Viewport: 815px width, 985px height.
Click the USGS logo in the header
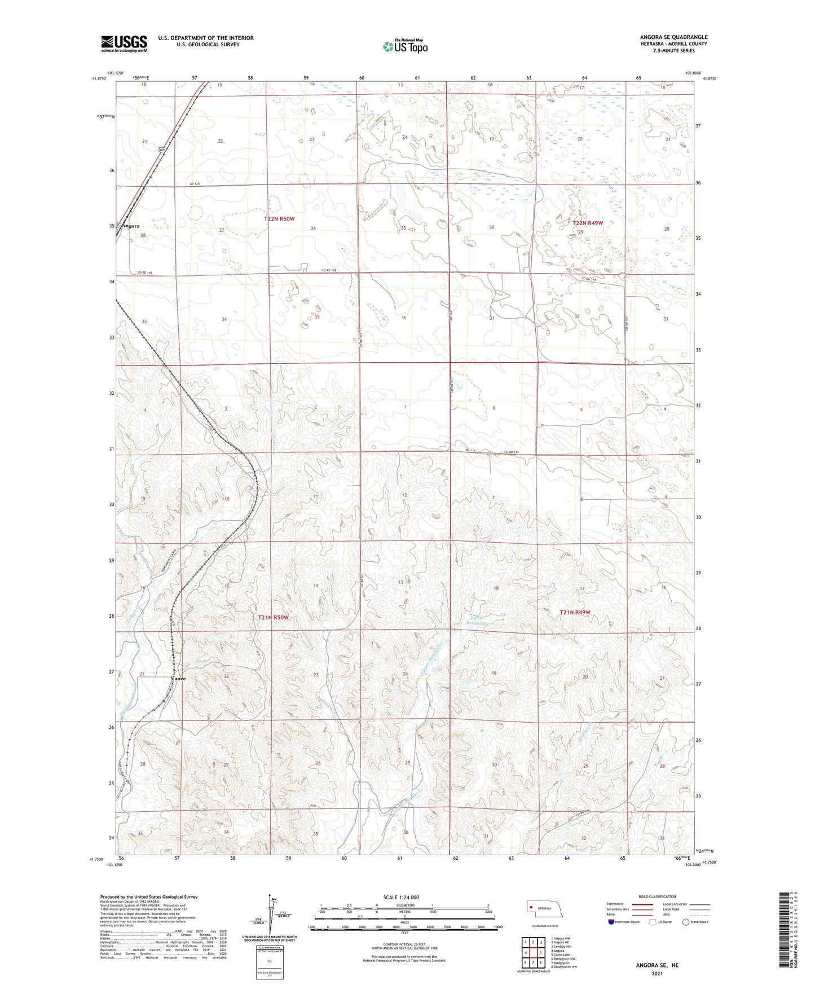(x=124, y=43)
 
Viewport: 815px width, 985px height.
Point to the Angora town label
(x=131, y=226)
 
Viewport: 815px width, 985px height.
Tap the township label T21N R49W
(x=575, y=612)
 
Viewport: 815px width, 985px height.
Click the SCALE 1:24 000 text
(x=401, y=897)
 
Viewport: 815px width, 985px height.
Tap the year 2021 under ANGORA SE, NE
(x=657, y=974)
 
